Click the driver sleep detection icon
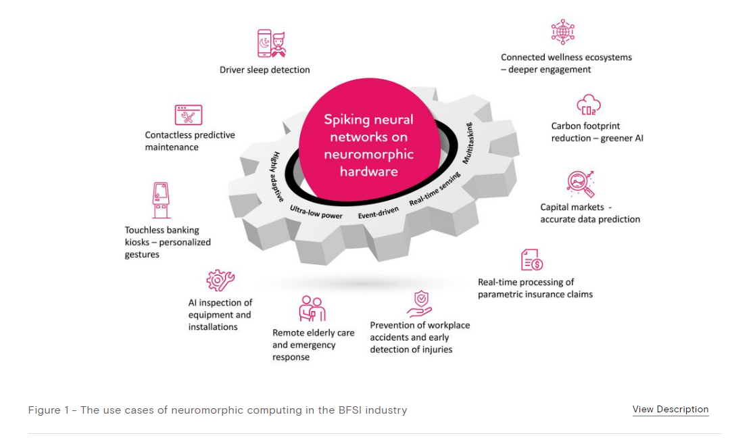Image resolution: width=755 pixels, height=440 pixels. click(271, 43)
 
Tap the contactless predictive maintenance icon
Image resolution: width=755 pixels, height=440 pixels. click(189, 115)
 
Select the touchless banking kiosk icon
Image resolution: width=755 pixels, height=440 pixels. click(160, 200)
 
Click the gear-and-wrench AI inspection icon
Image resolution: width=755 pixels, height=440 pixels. click(220, 280)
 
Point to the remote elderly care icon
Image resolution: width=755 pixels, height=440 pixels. click(312, 308)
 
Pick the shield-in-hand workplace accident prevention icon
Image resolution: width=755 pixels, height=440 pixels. click(420, 303)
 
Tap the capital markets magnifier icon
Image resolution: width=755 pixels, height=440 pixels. click(581, 182)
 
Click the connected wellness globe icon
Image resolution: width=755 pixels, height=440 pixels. click(562, 32)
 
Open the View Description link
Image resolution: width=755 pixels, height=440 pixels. click(671, 410)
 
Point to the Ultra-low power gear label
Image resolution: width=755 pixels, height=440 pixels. click(316, 212)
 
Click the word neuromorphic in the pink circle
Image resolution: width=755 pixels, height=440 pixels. click(369, 155)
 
